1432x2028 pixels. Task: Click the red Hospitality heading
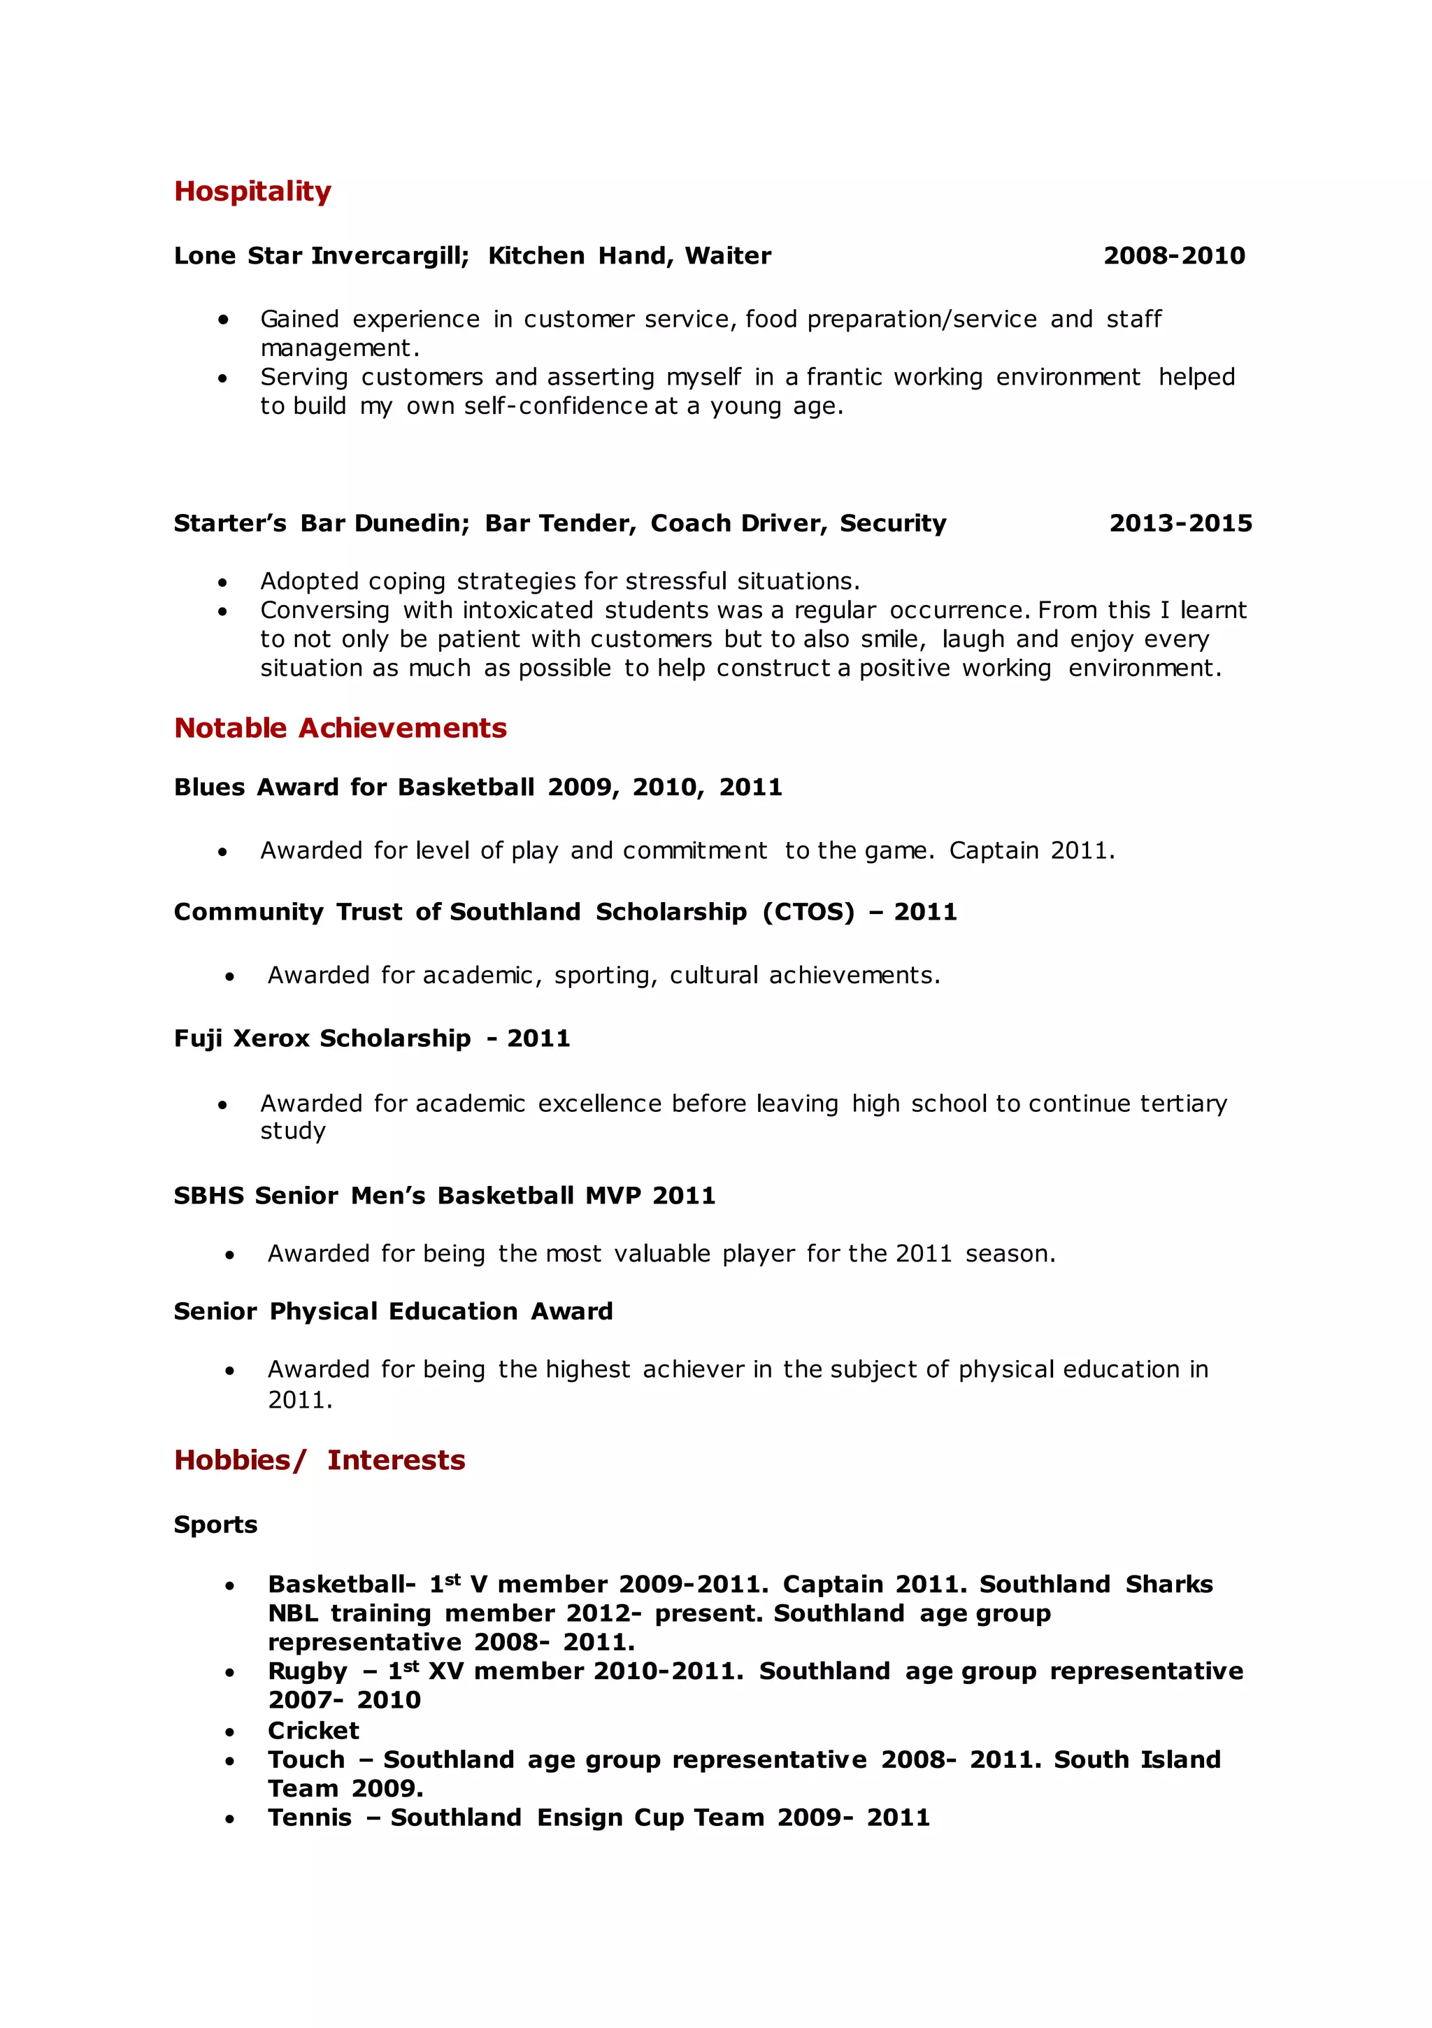tap(252, 192)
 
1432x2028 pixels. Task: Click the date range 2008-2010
tap(1173, 256)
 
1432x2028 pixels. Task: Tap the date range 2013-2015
tap(1180, 524)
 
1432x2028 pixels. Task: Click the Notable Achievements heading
tap(340, 728)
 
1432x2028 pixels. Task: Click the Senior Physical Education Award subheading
tap(392, 1312)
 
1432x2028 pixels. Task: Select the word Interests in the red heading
tap(396, 1460)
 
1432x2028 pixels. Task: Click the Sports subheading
tap(215, 1524)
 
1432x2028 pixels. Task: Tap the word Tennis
tap(309, 1818)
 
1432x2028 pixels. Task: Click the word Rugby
tap(308, 1672)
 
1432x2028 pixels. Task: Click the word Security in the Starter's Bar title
tap(892, 524)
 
